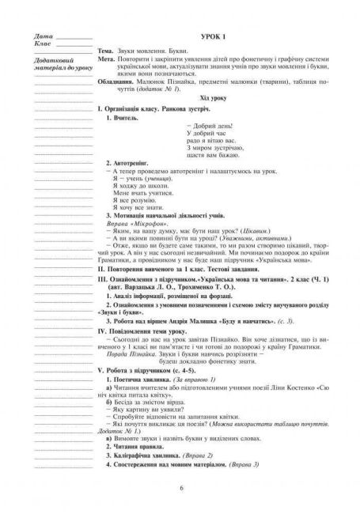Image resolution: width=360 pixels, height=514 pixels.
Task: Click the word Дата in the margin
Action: tap(44, 37)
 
